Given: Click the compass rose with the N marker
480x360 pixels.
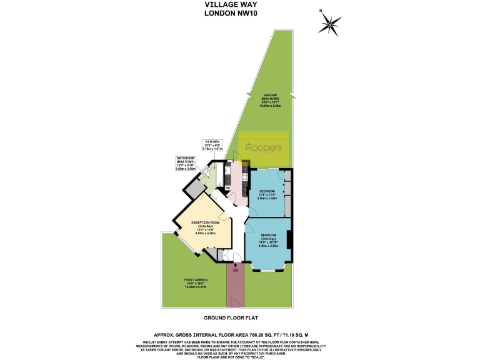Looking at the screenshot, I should tap(329, 25).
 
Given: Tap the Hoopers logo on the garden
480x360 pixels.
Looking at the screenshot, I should tap(264, 148).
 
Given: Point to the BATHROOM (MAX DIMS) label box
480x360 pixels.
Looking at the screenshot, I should tap(186, 163).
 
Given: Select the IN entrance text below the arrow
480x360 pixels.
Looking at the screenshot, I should tap(236, 270).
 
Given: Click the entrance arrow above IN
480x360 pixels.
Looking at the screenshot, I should tap(236, 264).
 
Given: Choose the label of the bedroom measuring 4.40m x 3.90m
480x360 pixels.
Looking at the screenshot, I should tap(268, 241).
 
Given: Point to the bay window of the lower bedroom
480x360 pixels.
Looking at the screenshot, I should tap(268, 269).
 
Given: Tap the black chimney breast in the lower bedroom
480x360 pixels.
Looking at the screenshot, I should tap(290, 239).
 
